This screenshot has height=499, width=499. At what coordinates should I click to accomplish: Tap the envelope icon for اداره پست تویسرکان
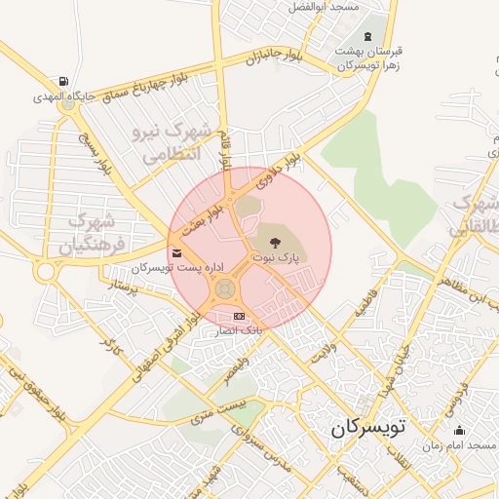pyautogui.click(x=175, y=253)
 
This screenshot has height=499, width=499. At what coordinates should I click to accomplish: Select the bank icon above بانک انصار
pyautogui.click(x=240, y=317)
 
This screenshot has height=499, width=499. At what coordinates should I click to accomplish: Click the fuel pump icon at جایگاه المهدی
pyautogui.click(x=63, y=81)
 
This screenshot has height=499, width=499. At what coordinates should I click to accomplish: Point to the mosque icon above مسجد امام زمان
pyautogui.click(x=459, y=430)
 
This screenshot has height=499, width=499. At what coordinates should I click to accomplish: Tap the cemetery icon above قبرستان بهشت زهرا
pyautogui.click(x=366, y=37)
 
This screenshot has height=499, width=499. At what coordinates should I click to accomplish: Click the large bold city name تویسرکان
pyautogui.click(x=371, y=428)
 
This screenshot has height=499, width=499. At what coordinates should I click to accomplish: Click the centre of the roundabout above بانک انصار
pyautogui.click(x=224, y=289)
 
